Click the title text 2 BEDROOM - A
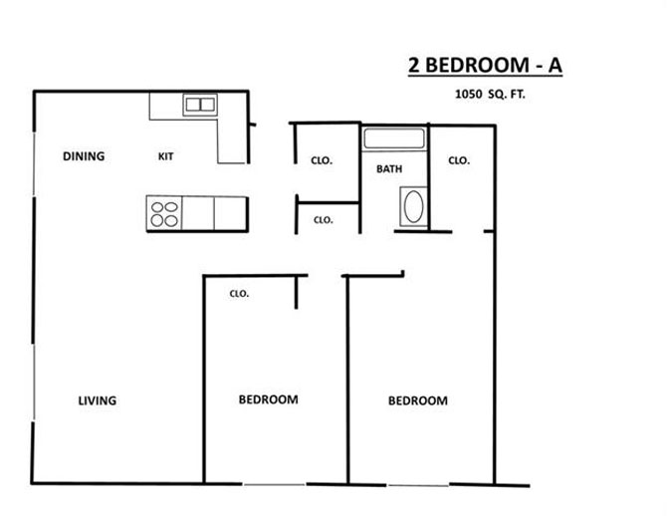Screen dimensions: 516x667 click(x=485, y=65)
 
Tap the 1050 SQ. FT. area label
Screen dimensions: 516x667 click(x=491, y=97)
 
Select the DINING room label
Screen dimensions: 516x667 click(x=84, y=156)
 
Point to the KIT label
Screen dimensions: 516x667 click(x=166, y=156)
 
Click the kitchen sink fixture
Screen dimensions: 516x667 click(x=199, y=104)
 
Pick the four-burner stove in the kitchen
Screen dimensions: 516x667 click(x=164, y=213)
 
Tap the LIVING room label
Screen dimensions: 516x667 click(x=98, y=400)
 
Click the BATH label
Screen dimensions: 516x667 click(x=389, y=169)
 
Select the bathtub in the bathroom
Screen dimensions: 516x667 click(x=394, y=138)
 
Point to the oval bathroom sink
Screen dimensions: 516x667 click(x=413, y=207)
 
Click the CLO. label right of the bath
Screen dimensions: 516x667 click(x=459, y=159)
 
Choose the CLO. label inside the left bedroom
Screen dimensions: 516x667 click(x=239, y=294)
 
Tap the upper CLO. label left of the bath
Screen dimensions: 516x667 click(x=322, y=159)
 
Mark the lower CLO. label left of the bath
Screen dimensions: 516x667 click(x=324, y=220)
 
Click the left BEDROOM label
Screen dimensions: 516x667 click(x=268, y=399)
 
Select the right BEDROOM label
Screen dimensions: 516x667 click(x=417, y=400)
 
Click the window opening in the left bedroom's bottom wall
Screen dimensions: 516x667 click(x=275, y=485)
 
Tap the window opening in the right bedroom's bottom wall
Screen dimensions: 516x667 click(x=418, y=486)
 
